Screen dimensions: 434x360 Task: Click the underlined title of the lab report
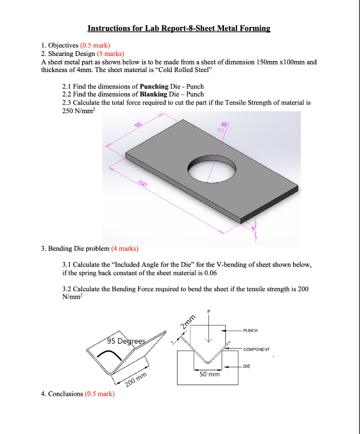point(179,28)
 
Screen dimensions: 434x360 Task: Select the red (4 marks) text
point(125,248)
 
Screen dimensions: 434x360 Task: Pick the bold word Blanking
point(150,94)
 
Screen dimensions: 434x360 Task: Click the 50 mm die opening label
point(210,374)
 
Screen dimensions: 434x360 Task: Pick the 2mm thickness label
point(188,323)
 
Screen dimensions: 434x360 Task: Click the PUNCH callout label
point(250,331)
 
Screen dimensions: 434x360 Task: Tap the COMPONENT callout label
point(256,350)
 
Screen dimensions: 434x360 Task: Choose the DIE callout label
point(246,366)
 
